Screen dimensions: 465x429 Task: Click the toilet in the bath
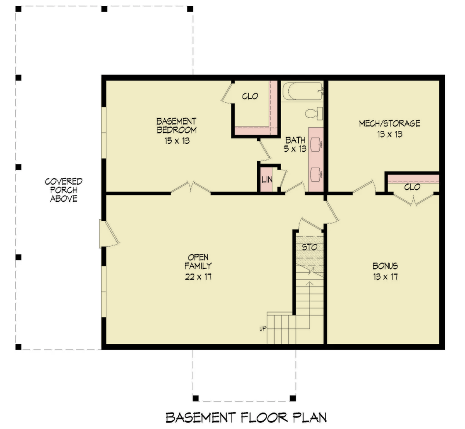(314, 114)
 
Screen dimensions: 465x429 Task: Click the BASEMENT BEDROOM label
(177, 126)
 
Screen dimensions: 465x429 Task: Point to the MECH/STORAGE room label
(389, 123)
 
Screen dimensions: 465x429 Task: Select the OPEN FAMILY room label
(198, 261)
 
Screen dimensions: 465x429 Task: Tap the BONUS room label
(385, 266)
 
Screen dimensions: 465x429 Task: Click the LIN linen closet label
(267, 180)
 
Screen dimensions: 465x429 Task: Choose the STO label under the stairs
(310, 247)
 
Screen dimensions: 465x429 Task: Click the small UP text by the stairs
(263, 329)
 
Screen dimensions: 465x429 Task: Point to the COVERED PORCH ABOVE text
(64, 190)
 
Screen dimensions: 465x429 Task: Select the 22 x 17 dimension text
(198, 277)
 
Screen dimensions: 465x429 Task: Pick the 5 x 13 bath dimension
(295, 149)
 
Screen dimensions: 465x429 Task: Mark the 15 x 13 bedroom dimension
(177, 141)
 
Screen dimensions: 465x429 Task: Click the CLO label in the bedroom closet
(250, 96)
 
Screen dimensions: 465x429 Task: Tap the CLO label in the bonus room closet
(412, 187)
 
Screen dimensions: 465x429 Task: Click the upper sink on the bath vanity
(316, 144)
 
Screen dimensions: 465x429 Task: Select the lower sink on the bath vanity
(316, 175)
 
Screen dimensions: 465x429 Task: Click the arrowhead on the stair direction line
(310, 283)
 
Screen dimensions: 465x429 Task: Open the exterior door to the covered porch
(109, 233)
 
